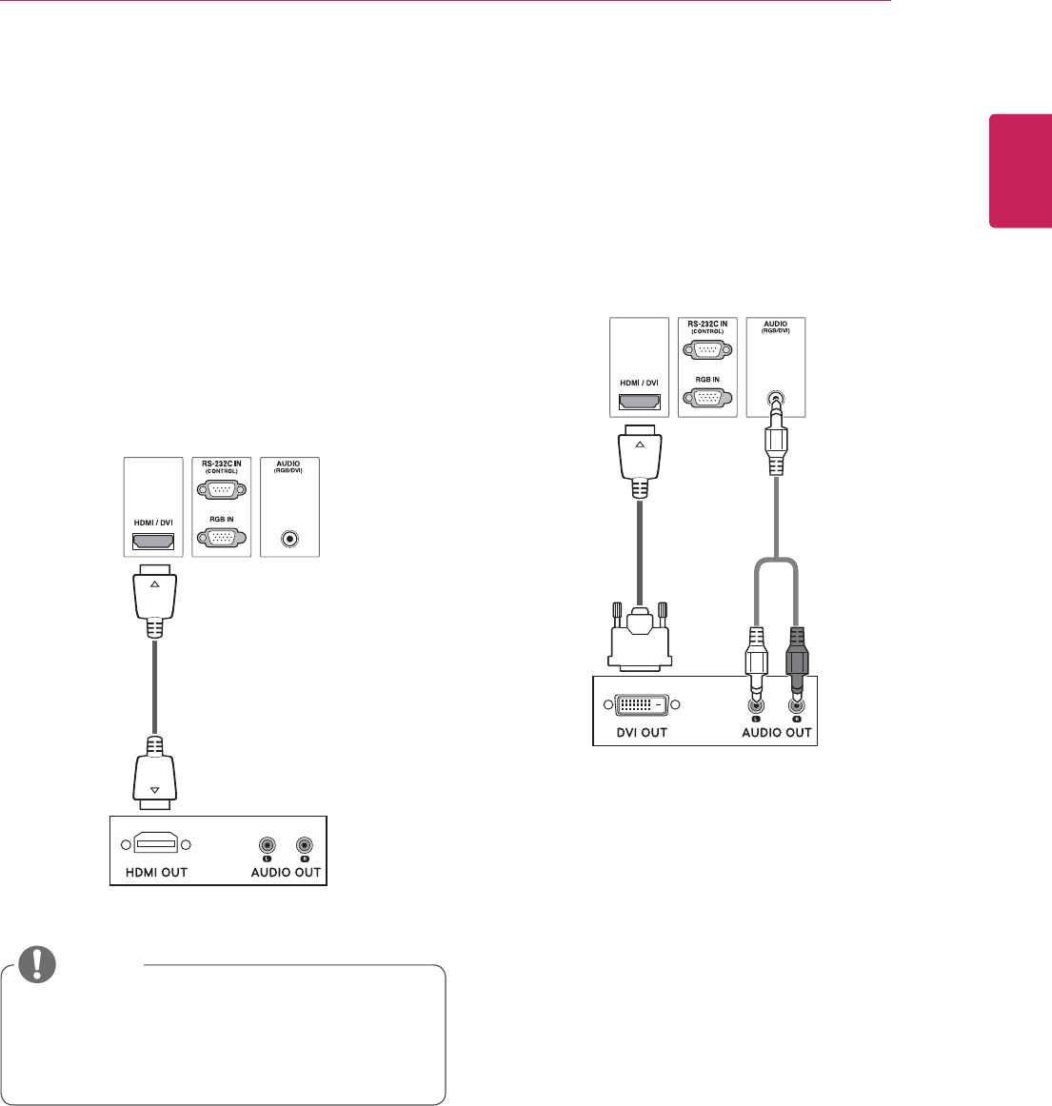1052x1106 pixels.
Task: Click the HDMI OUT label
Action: (x=157, y=872)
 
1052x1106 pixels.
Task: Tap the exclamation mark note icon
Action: (x=39, y=964)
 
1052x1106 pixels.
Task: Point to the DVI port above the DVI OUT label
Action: (x=640, y=705)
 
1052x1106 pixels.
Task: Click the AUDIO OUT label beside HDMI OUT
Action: (x=286, y=872)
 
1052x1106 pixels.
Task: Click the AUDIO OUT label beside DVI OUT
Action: (x=777, y=732)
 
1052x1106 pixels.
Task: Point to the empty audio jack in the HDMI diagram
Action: (x=289, y=539)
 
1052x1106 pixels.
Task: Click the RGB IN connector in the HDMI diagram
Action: (x=221, y=537)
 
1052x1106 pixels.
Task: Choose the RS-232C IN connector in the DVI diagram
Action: (x=706, y=349)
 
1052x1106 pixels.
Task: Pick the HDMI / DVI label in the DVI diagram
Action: (x=639, y=384)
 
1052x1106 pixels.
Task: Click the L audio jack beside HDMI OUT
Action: (x=268, y=844)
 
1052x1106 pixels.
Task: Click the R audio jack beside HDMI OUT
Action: (x=304, y=844)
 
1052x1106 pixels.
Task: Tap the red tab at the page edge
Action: (x=1021, y=171)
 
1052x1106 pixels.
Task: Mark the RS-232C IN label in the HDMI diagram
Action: (x=221, y=464)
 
